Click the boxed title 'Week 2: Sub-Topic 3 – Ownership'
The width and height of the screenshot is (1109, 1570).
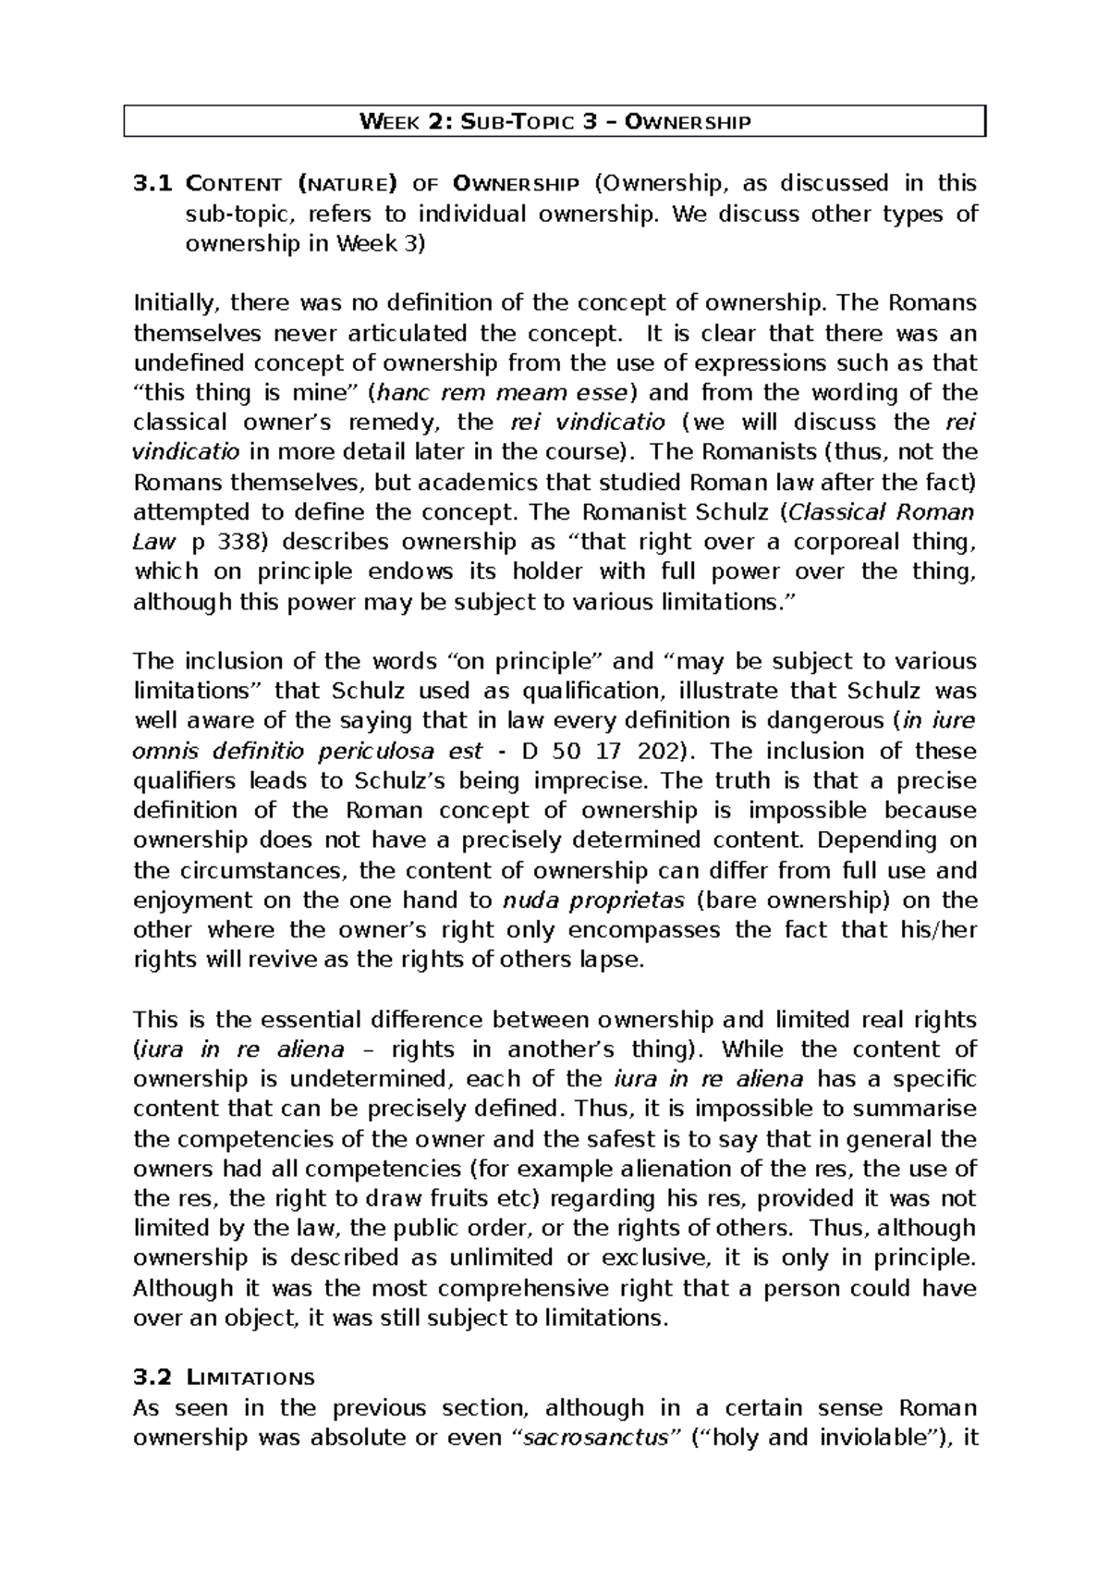point(554,122)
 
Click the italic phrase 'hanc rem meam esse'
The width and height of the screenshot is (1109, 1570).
point(501,393)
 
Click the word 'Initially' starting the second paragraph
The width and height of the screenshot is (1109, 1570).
point(177,303)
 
